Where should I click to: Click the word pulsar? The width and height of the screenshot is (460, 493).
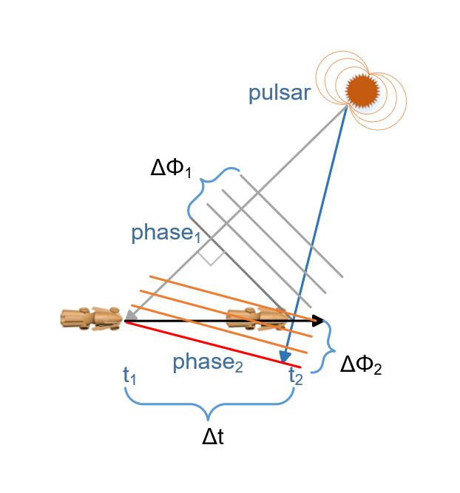(279, 94)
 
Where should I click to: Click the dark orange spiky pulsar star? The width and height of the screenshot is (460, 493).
(362, 89)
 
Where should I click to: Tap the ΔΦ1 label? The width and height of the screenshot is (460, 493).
(171, 169)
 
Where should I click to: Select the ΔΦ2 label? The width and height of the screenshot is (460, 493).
(360, 364)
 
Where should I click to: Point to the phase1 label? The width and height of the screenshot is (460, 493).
(166, 234)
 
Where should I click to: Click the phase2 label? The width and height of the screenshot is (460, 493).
(208, 363)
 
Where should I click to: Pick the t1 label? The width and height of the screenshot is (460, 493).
(130, 375)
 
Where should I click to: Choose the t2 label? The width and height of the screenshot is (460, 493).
(296, 375)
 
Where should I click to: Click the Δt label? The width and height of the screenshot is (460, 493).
(213, 437)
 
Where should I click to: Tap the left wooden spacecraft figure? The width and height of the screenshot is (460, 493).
(90, 319)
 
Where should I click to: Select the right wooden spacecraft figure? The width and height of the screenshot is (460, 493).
(256, 319)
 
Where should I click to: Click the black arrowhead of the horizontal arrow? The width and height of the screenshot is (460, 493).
(319, 321)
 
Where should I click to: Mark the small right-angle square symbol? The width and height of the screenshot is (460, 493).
(211, 254)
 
